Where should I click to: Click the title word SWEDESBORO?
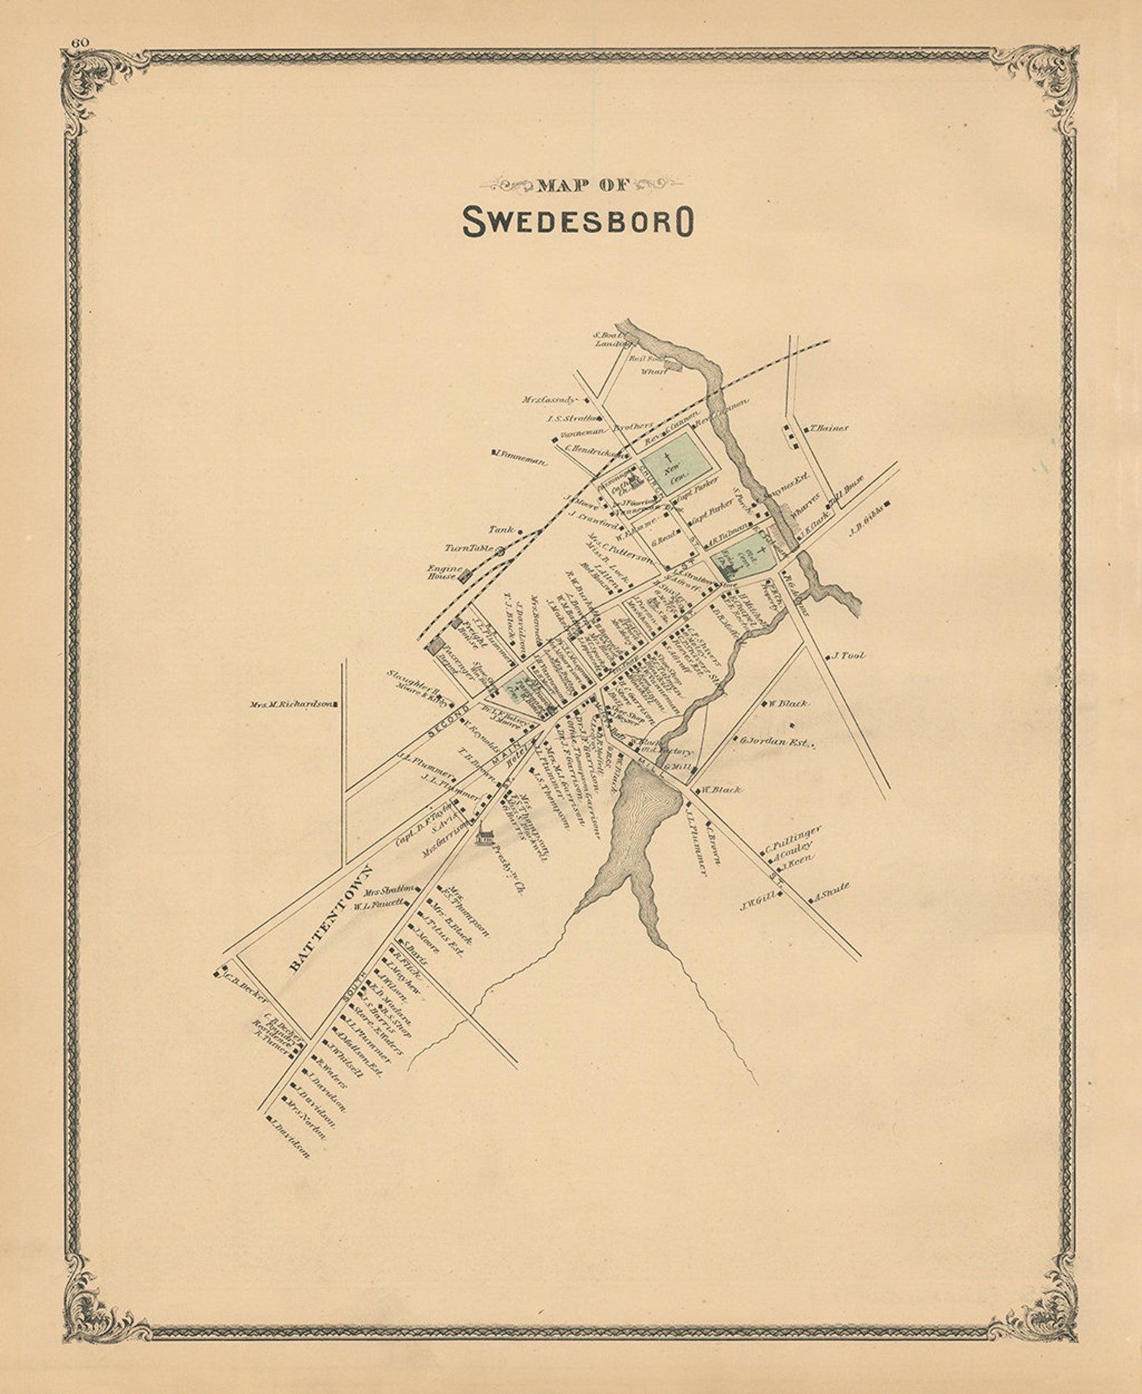click(577, 222)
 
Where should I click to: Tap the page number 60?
click(79, 42)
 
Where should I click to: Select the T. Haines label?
click(829, 428)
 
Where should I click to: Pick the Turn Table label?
click(469, 548)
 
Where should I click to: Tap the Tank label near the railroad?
click(502, 529)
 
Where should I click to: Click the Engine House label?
click(442, 572)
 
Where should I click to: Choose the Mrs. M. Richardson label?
click(292, 705)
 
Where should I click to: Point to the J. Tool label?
click(849, 656)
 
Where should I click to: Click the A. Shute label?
click(833, 891)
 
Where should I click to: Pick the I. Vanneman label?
click(521, 457)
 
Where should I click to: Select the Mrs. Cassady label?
click(549, 399)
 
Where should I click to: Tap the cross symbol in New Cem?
click(668, 457)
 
